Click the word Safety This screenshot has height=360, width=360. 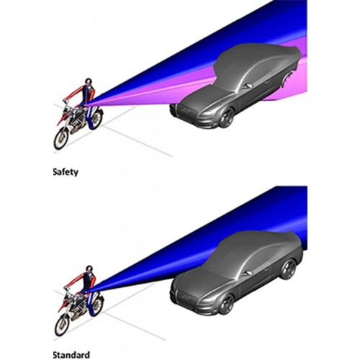click(x=66, y=172)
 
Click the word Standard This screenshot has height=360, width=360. click(x=71, y=355)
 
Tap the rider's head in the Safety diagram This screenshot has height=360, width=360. click(x=89, y=81)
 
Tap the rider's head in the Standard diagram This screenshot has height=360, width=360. click(x=89, y=269)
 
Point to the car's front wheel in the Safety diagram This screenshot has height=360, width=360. click(x=227, y=117)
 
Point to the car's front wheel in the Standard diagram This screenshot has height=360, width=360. click(x=226, y=305)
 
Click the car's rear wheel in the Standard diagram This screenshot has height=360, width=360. click(x=289, y=269)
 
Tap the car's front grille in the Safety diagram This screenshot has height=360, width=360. click(x=189, y=111)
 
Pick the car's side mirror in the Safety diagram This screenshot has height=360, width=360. click(x=248, y=86)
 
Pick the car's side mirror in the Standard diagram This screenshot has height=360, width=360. click(x=248, y=273)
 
